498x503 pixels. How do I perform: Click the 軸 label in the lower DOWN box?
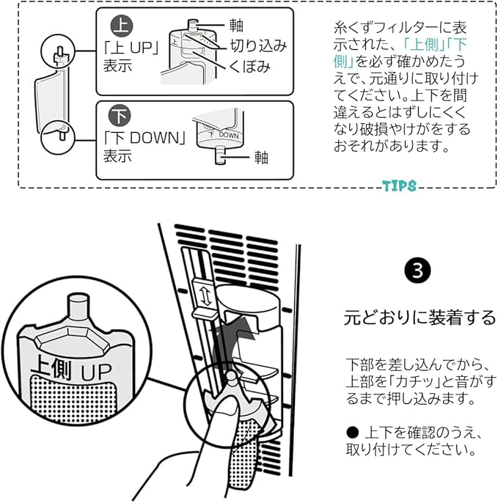click(262, 155)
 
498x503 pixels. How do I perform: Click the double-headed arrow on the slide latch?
click(205, 297)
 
